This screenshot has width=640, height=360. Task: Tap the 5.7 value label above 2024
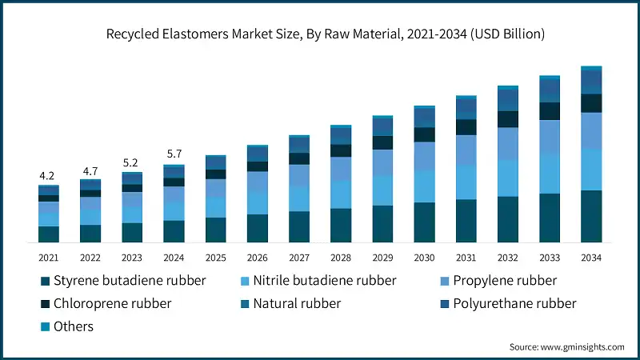pyautogui.click(x=174, y=154)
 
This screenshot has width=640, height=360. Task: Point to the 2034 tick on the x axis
pyautogui.click(x=591, y=258)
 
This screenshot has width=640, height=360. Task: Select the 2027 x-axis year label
pyautogui.click(x=299, y=258)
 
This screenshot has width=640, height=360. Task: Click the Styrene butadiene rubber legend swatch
pyautogui.click(x=45, y=281)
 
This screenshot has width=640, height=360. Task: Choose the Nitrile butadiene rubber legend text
pyautogui.click(x=324, y=281)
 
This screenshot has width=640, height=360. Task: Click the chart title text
pyautogui.click(x=319, y=34)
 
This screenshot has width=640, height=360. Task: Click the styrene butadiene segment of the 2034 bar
pyautogui.click(x=591, y=216)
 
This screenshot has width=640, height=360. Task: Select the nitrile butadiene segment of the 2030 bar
pyautogui.click(x=424, y=186)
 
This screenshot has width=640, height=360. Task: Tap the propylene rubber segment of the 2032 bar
pyautogui.click(x=508, y=143)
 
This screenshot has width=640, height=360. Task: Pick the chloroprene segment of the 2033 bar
pyautogui.click(x=550, y=111)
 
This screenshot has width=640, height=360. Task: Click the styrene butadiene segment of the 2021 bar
pyautogui.click(x=49, y=234)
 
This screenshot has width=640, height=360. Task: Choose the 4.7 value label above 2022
pyautogui.click(x=90, y=170)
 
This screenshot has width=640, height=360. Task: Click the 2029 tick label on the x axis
pyautogui.click(x=382, y=258)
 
